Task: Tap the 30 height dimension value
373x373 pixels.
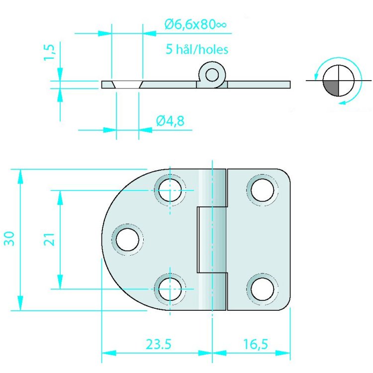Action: coord(8,239)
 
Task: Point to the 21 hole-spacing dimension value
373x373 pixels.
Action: coord(48,239)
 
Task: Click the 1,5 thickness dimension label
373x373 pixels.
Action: coord(49,51)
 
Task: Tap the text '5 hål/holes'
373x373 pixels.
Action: coord(196,49)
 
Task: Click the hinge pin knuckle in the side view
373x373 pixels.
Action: coord(212,75)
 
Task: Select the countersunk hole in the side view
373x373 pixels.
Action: coord(127,84)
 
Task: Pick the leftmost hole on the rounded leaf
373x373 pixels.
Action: coord(128,240)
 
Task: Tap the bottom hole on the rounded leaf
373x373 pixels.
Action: coord(170,288)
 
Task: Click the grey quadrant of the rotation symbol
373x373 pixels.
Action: coord(330,88)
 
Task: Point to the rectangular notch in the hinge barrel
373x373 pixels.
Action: coord(210,240)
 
